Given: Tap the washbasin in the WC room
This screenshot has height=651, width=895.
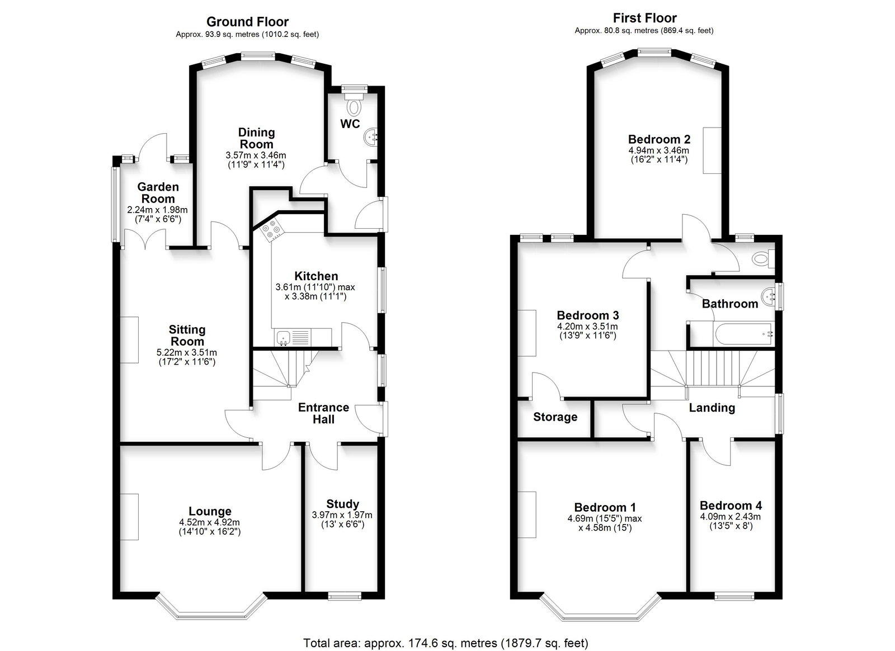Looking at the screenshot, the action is pos(370,138).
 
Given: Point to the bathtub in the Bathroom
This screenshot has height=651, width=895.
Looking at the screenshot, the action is pos(744,334).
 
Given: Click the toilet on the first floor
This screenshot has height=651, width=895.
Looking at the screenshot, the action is pos(764,259).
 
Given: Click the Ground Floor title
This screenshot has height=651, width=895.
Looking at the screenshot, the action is pos(247,22).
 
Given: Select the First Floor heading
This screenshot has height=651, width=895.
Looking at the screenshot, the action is pos(644,18).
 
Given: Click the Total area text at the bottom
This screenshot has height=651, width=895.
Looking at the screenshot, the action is pos(445,643).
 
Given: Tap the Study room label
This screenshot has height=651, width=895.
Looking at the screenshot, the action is pos(342,503).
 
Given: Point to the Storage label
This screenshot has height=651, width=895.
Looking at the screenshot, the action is pos(555,417).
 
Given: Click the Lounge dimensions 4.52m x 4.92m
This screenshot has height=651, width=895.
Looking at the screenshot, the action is pos(210,522).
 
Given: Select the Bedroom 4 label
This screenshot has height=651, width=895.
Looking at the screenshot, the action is pos(731,506).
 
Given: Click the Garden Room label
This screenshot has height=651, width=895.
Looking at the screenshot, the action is pos(158,192).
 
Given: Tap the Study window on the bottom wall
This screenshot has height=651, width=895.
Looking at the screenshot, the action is pos(345,597).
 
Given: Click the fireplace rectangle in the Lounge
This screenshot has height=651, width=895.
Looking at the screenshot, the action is pos(129,517).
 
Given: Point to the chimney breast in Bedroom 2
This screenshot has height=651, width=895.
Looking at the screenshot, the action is pos(713,150).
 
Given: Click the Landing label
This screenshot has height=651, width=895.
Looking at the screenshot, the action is pos(712,408).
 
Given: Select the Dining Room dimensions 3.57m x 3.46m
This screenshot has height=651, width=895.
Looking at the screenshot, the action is pos(256,155).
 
